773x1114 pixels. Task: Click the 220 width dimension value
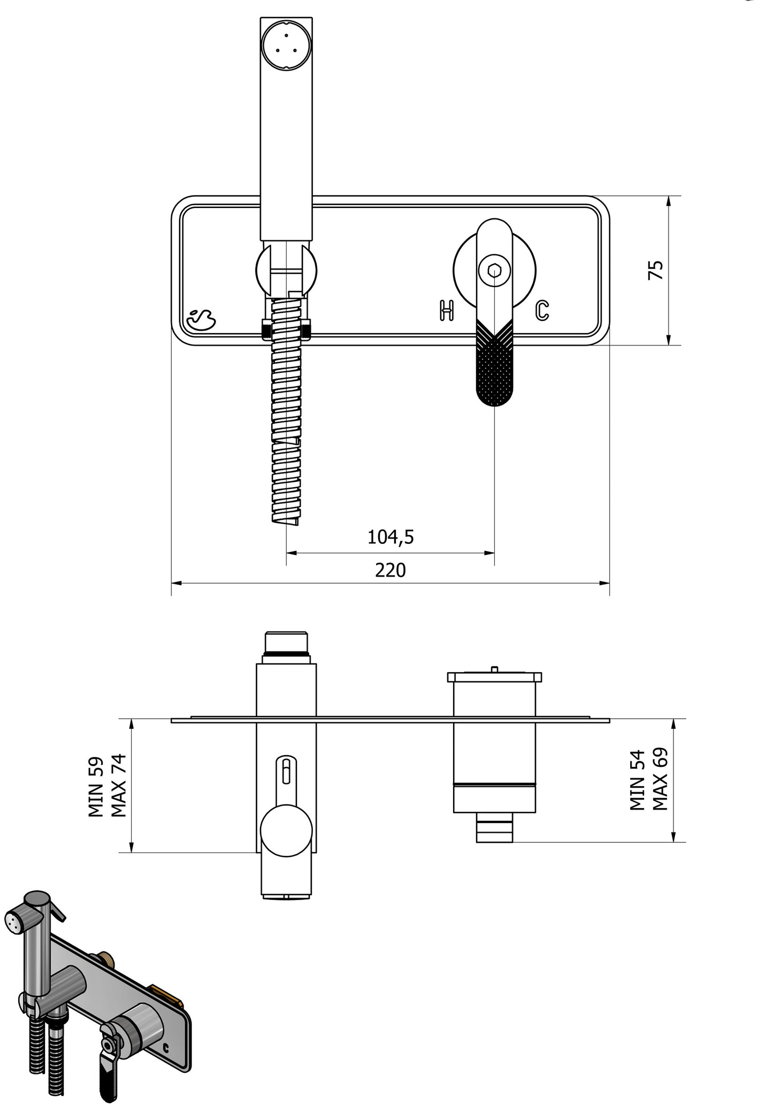390,570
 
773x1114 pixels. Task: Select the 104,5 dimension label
390,537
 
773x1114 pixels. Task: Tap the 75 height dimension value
655,270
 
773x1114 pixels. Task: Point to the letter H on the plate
447,311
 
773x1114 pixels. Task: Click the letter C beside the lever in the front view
542,311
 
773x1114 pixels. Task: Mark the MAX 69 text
660,779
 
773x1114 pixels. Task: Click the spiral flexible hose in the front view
286,417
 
